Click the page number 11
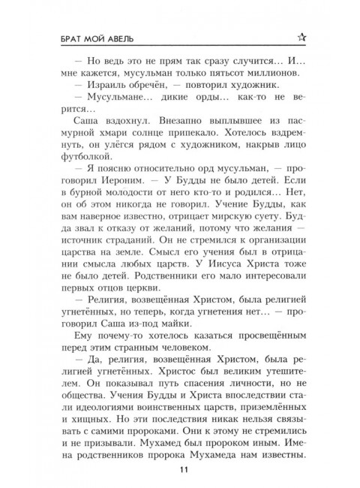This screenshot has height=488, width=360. click(180, 470)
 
